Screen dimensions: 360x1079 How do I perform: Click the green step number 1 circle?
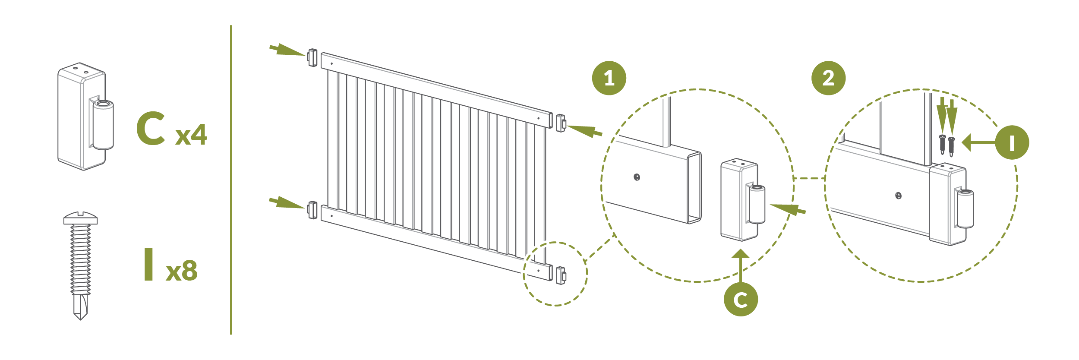pyautogui.click(x=609, y=78)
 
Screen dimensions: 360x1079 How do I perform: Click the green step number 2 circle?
pyautogui.click(x=828, y=78)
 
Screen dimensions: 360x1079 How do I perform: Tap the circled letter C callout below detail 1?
pyautogui.click(x=741, y=299)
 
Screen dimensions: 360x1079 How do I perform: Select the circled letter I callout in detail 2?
pyautogui.click(x=1012, y=142)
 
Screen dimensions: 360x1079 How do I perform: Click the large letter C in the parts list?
pyautogui.click(x=151, y=128)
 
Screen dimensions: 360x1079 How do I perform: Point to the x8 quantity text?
pyautogui.click(x=182, y=271)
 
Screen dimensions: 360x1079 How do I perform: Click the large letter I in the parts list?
pyautogui.click(x=149, y=264)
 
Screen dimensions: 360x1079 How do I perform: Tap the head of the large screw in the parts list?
pyautogui.click(x=81, y=218)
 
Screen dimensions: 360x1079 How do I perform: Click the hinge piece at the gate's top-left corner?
pyautogui.click(x=312, y=58)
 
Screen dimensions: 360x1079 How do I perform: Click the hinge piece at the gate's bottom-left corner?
pyautogui.click(x=312, y=210)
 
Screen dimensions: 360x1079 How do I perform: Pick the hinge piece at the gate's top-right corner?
pyautogui.click(x=561, y=123)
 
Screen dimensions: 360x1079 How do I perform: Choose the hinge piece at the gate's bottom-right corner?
pyautogui.click(x=561, y=275)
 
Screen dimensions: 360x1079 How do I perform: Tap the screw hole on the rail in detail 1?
pyautogui.click(x=637, y=177)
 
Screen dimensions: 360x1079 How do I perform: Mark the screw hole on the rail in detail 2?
pyautogui.click(x=898, y=196)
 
